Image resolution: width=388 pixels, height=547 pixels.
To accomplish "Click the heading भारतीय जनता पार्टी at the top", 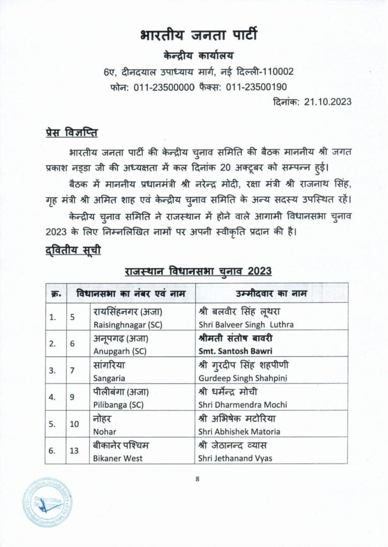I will pyautogui.click(x=199, y=36).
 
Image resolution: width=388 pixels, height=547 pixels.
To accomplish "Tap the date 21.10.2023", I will pyautogui.click(x=327, y=101).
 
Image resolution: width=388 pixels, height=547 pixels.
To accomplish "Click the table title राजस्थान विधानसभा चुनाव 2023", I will pyautogui.click(x=198, y=270).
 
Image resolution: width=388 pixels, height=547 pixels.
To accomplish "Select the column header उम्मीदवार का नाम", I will pyautogui.click(x=272, y=293).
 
